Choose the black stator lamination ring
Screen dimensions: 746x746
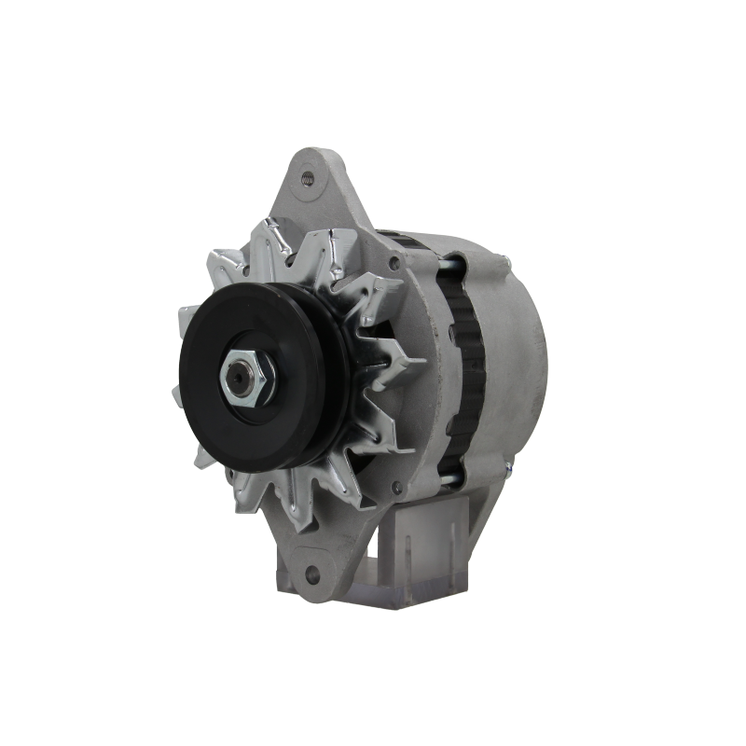463,373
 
